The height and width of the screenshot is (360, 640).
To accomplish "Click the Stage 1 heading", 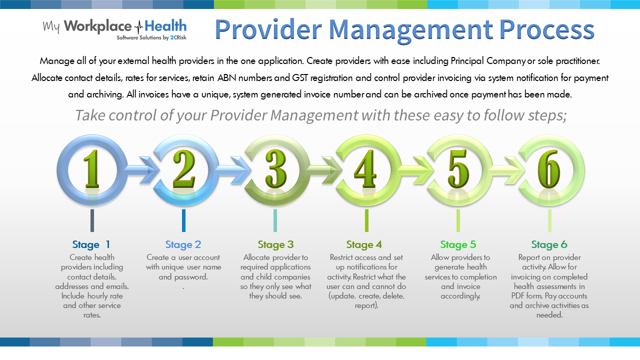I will click(91, 244).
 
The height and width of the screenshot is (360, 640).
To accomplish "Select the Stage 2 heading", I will click(183, 244).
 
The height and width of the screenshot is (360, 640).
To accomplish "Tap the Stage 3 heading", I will click(275, 244).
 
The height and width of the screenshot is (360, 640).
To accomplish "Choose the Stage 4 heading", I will click(364, 244).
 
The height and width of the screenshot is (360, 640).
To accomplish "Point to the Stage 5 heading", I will click(458, 244).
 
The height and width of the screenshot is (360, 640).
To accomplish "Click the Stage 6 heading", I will click(549, 244).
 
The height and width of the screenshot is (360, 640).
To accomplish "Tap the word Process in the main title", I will click(547, 30).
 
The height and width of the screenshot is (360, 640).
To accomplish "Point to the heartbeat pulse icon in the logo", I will click(137, 26).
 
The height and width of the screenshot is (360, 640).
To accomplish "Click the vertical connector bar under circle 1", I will click(92, 220).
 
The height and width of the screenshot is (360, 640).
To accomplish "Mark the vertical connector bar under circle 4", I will click(366, 220).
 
